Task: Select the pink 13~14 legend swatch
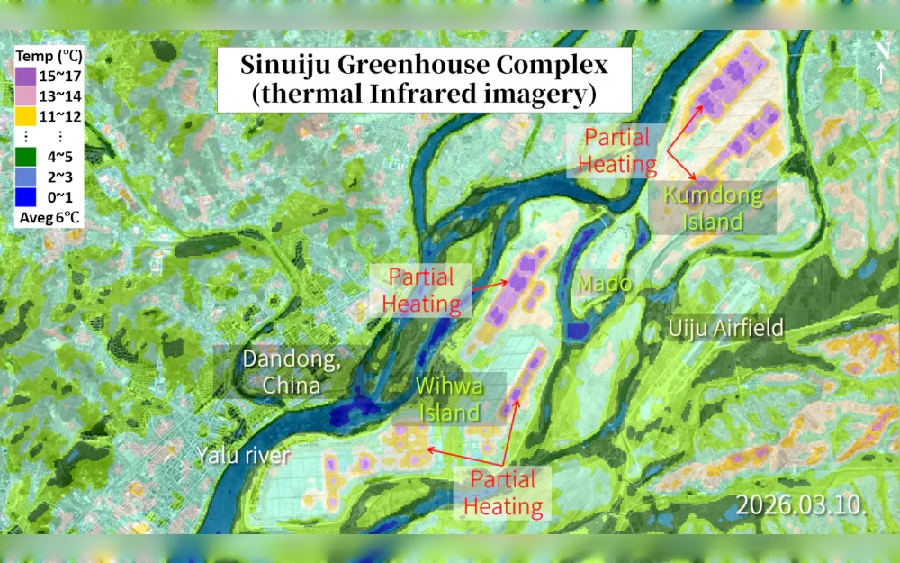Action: point(25,95)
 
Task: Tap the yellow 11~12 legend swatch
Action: point(25,114)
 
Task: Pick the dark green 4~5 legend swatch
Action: point(25,155)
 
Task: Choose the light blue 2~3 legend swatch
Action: point(25,175)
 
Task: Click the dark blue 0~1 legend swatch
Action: point(25,195)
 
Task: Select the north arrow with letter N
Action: point(881,62)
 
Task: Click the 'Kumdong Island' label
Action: point(712,208)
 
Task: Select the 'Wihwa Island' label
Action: point(449,399)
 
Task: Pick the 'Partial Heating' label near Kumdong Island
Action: point(617,151)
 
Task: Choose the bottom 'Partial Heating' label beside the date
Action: point(503,492)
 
